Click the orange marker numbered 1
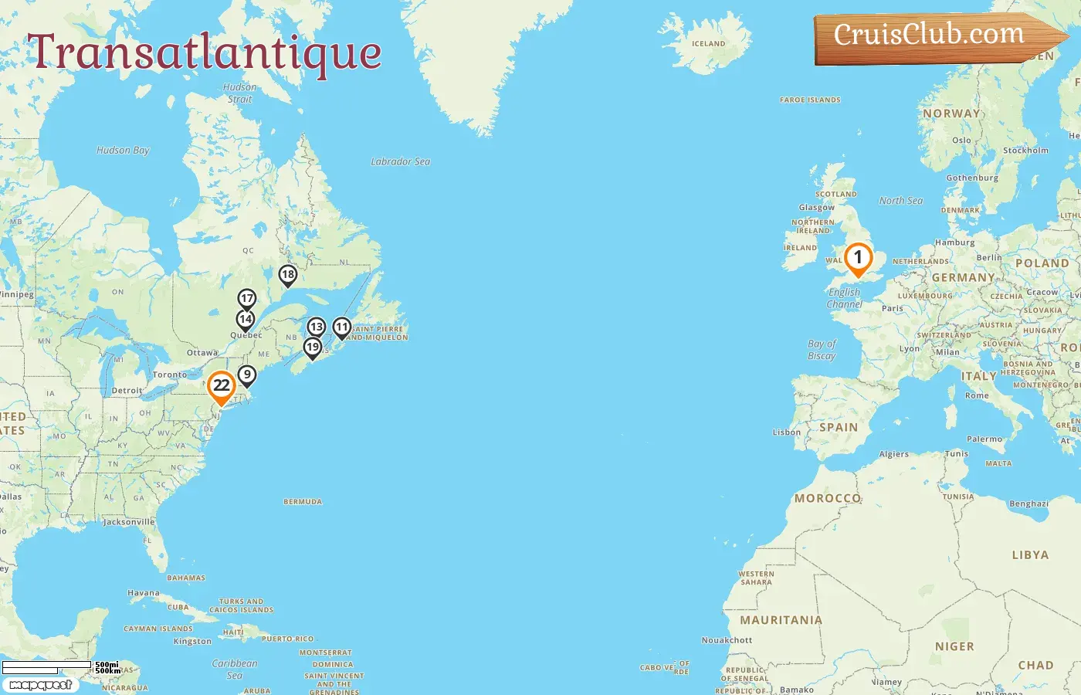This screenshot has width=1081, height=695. pyautogui.click(x=857, y=259)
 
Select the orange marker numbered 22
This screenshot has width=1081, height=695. pyautogui.click(x=222, y=385)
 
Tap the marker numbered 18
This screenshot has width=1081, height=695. pyautogui.click(x=288, y=274)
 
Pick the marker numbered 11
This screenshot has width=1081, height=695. pyautogui.click(x=342, y=327)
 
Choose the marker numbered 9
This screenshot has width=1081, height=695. pyautogui.click(x=246, y=375)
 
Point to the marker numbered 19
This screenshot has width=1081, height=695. pyautogui.click(x=313, y=347)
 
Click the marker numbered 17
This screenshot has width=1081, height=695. pyautogui.click(x=247, y=299)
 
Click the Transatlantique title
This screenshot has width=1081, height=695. pyautogui.click(x=205, y=53)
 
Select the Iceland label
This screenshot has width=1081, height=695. pyautogui.click(x=708, y=44)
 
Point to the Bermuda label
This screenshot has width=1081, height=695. pyautogui.click(x=303, y=502)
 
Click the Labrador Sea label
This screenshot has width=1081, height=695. pyautogui.click(x=400, y=161)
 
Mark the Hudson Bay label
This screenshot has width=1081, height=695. pyautogui.click(x=123, y=151)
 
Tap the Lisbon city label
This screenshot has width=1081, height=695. pyautogui.click(x=787, y=432)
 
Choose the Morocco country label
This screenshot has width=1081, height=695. pyautogui.click(x=828, y=499)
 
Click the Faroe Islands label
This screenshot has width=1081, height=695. pyautogui.click(x=810, y=100)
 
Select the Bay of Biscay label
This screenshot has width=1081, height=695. pyautogui.click(x=822, y=350)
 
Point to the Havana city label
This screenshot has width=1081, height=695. pyautogui.click(x=144, y=593)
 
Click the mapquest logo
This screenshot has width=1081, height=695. pyautogui.click(x=40, y=685)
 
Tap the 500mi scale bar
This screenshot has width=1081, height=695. pyautogui.click(x=46, y=665)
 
